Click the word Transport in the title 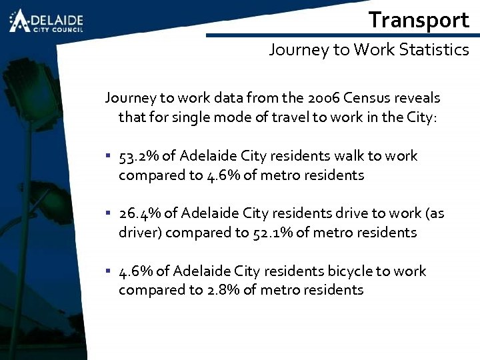[x=419, y=20]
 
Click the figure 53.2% [x=139, y=156]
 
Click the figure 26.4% [x=139, y=213]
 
